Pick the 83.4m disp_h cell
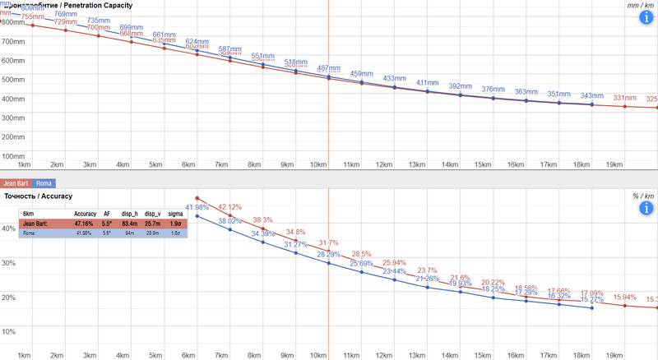pos(129,223)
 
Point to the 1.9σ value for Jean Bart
pos(174,223)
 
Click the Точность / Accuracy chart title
pos(39,196)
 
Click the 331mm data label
pos(625,98)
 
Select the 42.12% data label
pos(229,207)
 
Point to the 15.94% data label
pos(625,298)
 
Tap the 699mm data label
pos(132,27)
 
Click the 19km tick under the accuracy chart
pos(614,354)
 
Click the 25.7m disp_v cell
pos(152,223)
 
